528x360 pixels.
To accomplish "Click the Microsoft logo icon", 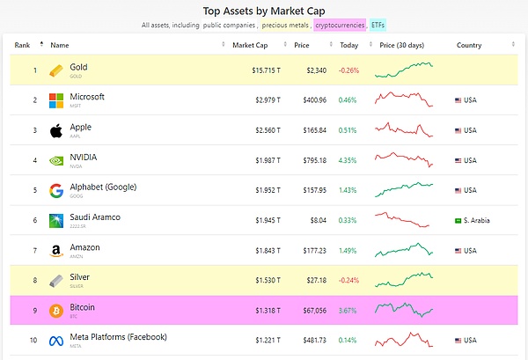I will point(56,100).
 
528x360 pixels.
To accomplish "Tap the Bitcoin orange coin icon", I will point(56,310).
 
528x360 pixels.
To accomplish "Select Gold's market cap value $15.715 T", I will point(264,70).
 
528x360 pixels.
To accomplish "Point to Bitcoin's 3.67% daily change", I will point(348,310).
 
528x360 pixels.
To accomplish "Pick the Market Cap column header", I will point(249,45).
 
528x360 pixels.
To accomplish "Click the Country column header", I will point(469,45).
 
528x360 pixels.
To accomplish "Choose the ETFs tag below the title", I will point(378,26).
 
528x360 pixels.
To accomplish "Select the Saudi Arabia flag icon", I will point(458,220).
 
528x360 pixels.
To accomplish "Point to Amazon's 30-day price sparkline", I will point(403,250).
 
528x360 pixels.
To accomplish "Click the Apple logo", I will point(56,130).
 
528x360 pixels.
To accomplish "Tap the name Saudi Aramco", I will point(95,217).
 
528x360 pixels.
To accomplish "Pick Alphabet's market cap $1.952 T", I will point(266,190).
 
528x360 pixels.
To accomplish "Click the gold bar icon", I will point(56,70).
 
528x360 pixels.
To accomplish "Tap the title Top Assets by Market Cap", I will point(263,11).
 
